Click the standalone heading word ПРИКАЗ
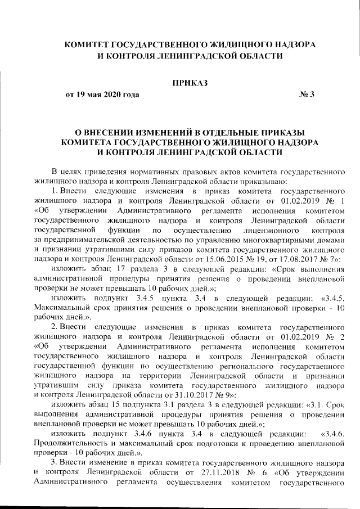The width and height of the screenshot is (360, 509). pos(190,83)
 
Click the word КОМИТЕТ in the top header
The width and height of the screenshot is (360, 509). pos(94,44)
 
